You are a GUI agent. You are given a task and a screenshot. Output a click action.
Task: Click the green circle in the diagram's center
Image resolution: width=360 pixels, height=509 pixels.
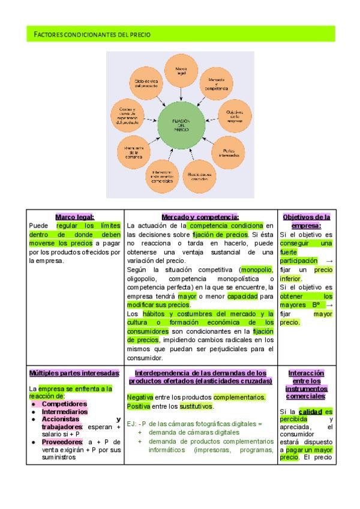point(181,125)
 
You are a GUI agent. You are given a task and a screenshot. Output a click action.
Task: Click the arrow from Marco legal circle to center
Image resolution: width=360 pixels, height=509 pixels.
point(181,93)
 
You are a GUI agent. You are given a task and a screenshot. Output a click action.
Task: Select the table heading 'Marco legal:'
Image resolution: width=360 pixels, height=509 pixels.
point(75,217)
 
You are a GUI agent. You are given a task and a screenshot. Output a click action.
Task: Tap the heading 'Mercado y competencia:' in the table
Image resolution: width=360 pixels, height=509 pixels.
point(200,217)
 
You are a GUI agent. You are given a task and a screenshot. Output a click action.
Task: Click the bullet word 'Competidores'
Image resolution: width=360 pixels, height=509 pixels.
point(64,404)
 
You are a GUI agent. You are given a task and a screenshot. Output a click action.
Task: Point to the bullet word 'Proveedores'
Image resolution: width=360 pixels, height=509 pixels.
point(62,442)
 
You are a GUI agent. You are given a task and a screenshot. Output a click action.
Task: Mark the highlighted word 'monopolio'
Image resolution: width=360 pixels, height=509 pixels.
point(256,270)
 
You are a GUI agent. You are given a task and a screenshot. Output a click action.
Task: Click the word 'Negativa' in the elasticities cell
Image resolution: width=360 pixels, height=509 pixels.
point(140,397)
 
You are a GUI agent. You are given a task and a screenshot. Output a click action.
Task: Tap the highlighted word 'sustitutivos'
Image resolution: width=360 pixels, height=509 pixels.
point(195,406)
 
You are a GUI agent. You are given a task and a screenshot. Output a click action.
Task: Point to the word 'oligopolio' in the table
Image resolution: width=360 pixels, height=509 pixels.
point(143,279)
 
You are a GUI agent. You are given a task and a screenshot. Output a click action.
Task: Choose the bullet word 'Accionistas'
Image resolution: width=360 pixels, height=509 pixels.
point(62,419)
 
